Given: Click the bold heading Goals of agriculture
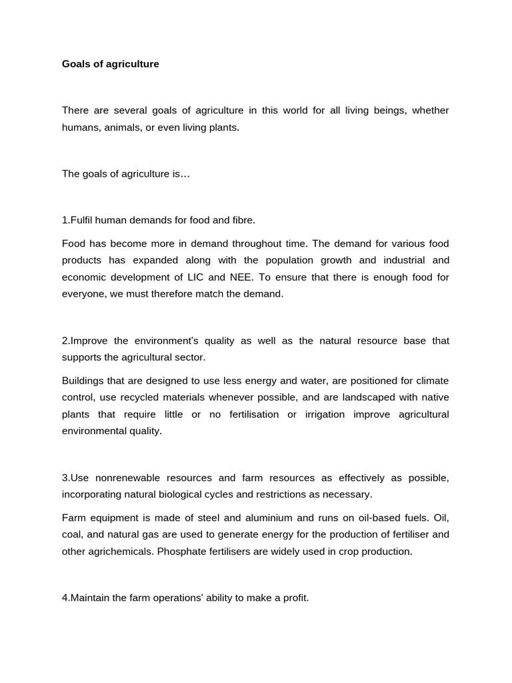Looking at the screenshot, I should tap(111, 65).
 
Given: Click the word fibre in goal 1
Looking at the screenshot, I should tap(241, 219).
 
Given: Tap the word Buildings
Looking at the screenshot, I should tap(83, 381).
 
